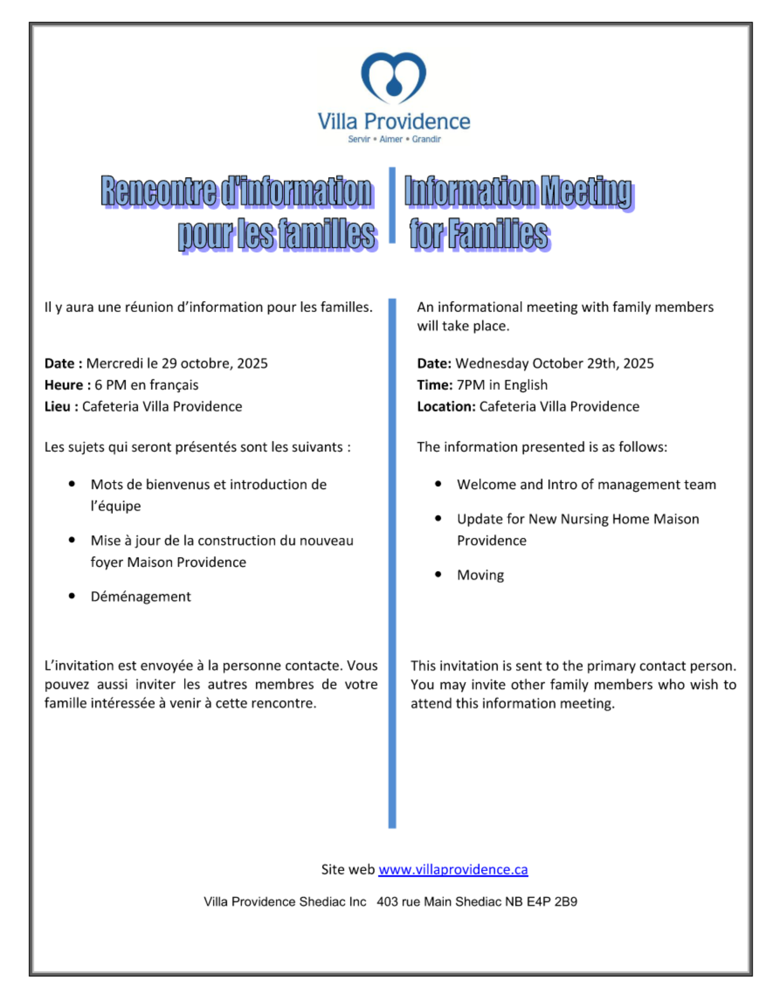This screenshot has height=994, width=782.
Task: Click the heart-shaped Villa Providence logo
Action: tap(394, 77)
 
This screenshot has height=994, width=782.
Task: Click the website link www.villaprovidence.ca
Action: tap(453, 869)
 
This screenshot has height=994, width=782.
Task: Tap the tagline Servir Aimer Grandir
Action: tap(394, 139)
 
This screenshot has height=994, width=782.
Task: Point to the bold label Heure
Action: tap(64, 385)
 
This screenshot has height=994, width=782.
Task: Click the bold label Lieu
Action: tap(58, 406)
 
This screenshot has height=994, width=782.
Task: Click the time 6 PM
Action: tap(111, 385)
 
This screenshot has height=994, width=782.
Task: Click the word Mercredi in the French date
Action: tap(114, 363)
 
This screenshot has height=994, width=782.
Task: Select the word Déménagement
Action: tap(140, 597)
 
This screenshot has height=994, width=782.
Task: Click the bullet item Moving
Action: tap(480, 575)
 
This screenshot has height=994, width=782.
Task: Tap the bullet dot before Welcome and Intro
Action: tap(438, 484)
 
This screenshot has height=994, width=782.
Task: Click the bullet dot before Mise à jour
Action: tap(72, 540)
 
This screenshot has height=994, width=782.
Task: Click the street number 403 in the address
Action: tap(387, 902)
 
